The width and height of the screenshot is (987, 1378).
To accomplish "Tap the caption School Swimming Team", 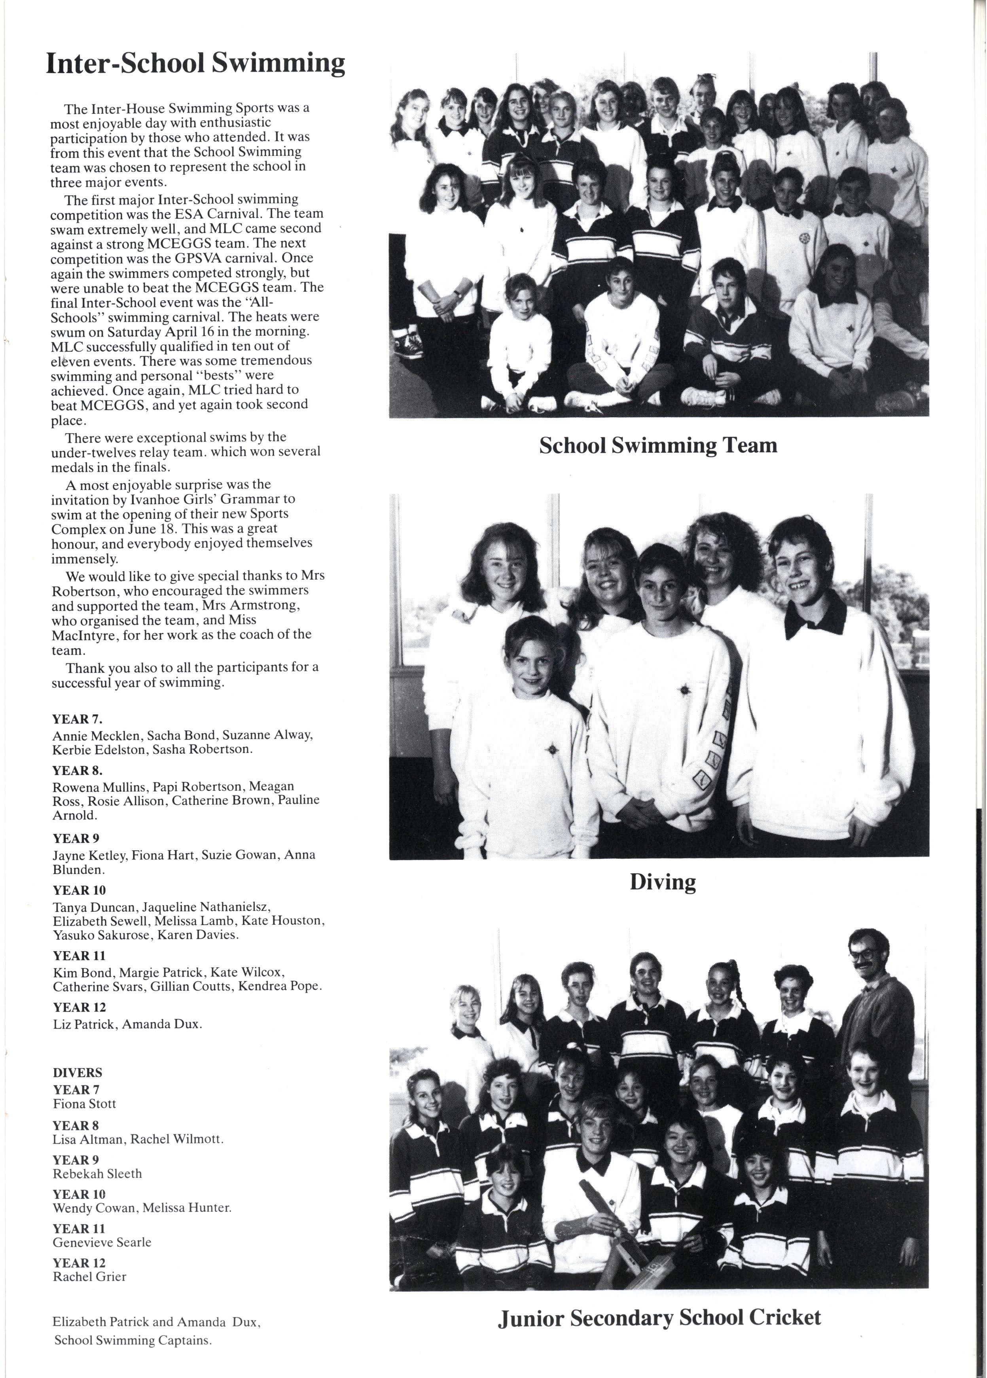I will [658, 446].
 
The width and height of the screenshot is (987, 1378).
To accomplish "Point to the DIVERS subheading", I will [77, 1073].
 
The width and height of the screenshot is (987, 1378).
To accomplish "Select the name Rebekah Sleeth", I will [97, 1174].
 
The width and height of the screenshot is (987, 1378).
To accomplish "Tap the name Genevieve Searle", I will [102, 1242].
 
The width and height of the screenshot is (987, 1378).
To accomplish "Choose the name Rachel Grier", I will [89, 1276].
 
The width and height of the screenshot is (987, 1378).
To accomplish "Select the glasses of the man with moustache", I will [869, 956].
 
